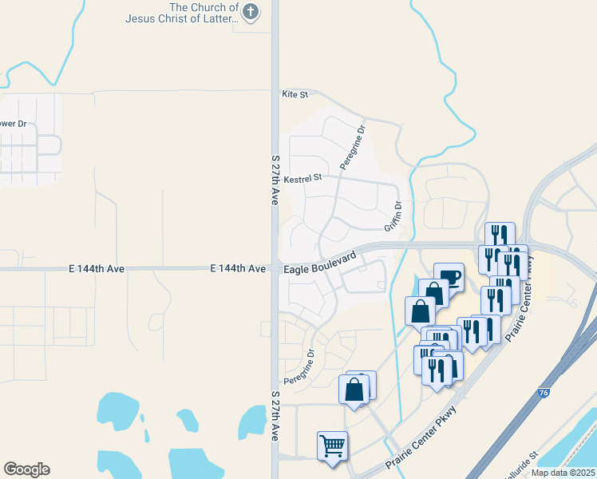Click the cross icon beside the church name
click(x=251, y=11)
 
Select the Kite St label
click(x=295, y=94)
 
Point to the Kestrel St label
click(x=302, y=177)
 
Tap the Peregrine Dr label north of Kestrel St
click(x=352, y=147)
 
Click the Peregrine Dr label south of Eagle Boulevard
click(x=299, y=366)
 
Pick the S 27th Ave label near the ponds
click(x=275, y=417)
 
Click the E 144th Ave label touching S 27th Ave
click(x=238, y=270)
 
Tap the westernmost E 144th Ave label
click(x=97, y=270)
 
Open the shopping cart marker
click(x=332, y=445)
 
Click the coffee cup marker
click(x=449, y=277)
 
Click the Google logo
click(x=26, y=469)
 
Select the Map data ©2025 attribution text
click(x=563, y=473)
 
